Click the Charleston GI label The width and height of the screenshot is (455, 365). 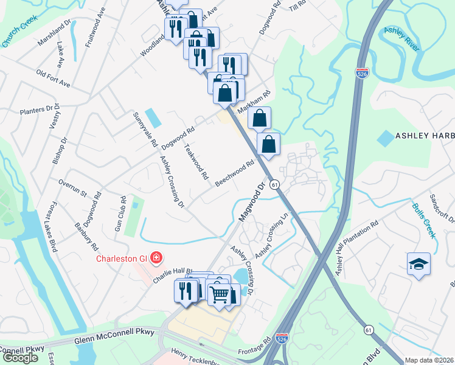(122, 258)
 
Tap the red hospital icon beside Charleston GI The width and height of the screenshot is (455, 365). (156, 258)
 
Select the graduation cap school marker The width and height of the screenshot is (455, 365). (419, 264)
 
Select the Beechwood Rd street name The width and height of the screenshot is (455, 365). (234, 173)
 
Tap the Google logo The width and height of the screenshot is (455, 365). (20, 358)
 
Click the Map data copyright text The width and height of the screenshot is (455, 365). (429, 360)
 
